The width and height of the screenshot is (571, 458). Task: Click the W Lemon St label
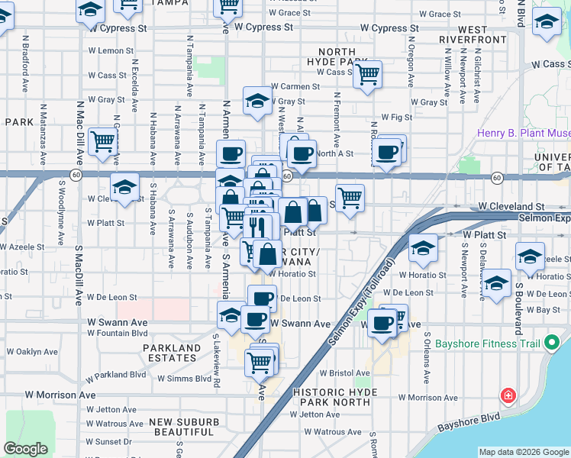[x=111, y=51]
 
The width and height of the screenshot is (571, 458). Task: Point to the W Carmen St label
[x=295, y=87]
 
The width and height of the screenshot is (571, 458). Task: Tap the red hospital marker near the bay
[x=508, y=395]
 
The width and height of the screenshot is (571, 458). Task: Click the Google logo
[x=25, y=449]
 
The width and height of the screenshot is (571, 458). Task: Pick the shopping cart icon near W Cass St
[x=368, y=75]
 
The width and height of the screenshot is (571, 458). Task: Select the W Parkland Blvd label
[x=115, y=376]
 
